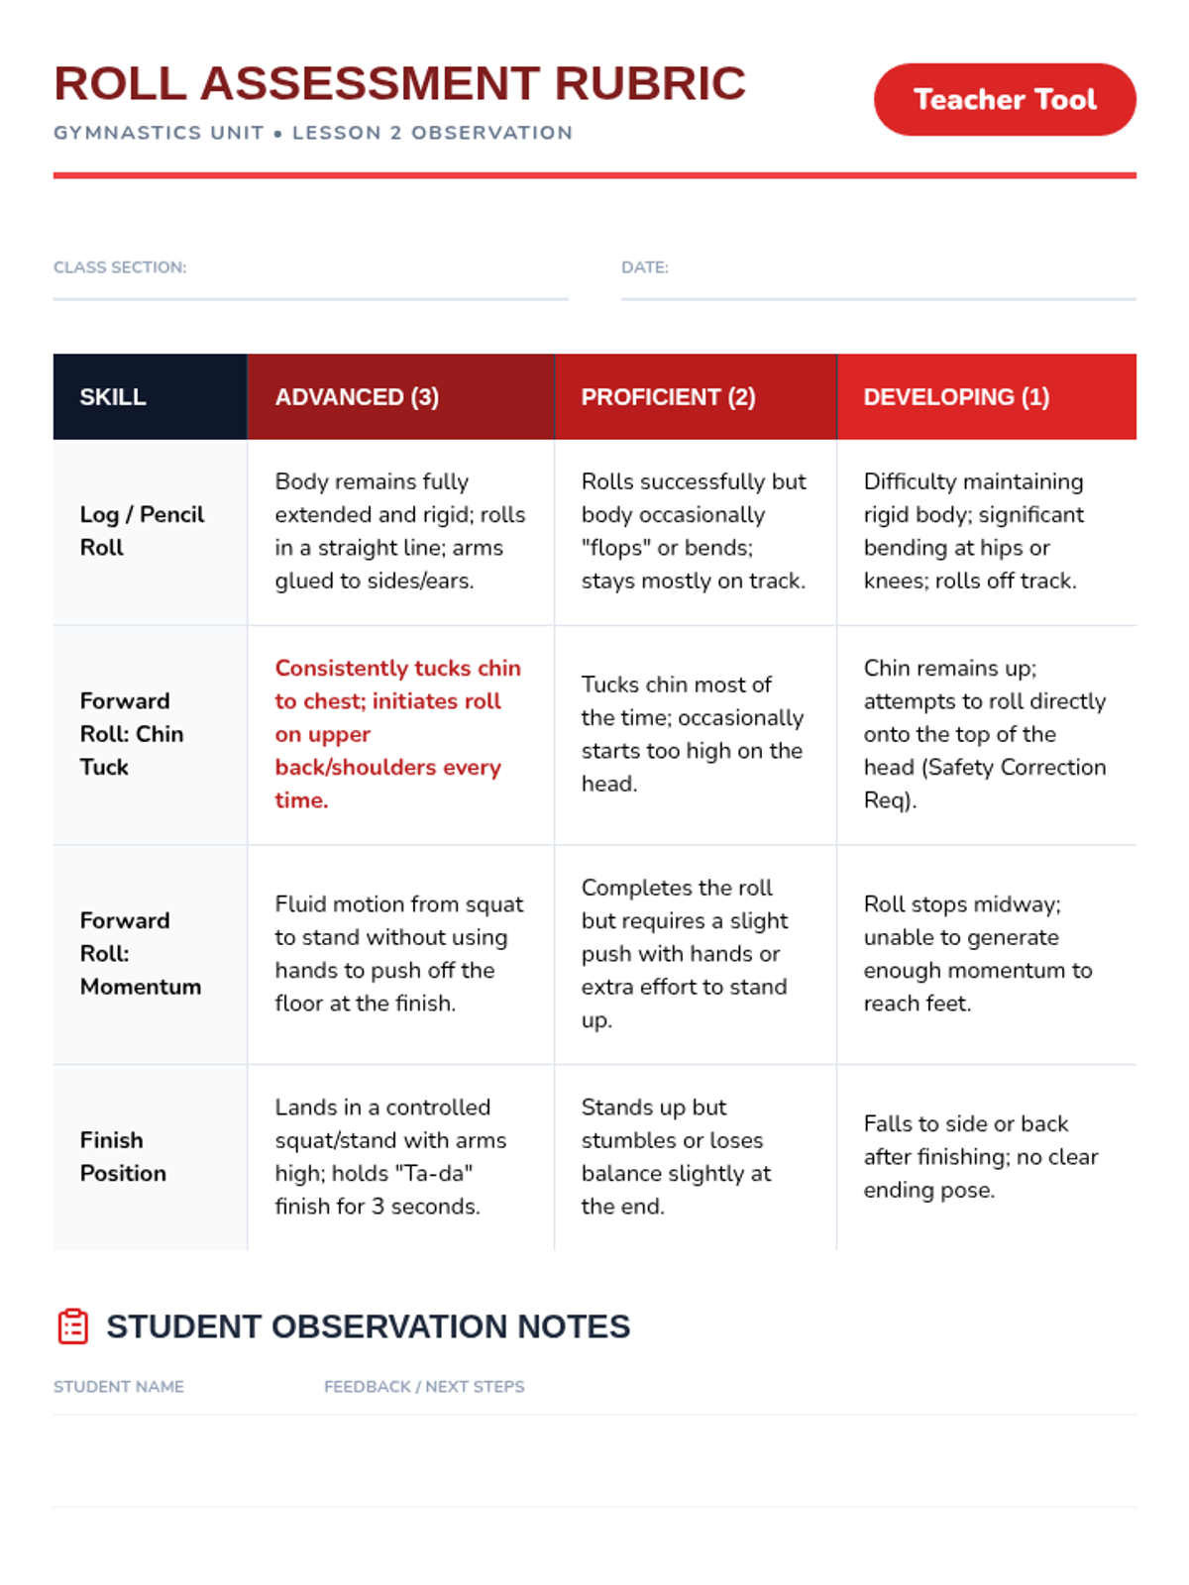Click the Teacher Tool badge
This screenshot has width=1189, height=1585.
tap(1004, 100)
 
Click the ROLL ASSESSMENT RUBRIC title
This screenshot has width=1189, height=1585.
tap(399, 83)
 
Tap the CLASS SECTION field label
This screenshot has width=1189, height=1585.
tap(120, 267)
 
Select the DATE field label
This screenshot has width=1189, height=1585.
tap(645, 267)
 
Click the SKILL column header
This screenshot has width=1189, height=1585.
tap(113, 397)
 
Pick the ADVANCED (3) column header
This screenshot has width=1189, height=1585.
tap(357, 397)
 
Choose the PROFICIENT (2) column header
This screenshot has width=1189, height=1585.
tap(668, 397)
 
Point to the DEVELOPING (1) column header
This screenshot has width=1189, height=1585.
tap(956, 397)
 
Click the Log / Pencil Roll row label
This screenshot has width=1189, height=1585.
tap(142, 531)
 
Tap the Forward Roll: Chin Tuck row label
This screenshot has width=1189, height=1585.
tap(132, 734)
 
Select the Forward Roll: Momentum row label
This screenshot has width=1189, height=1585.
tap(140, 954)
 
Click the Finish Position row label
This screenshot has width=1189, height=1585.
tap(123, 1157)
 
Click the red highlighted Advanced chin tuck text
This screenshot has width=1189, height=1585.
tap(396, 734)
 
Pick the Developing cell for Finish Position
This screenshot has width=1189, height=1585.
tap(980, 1157)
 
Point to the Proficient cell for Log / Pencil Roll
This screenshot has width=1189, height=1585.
tap(694, 531)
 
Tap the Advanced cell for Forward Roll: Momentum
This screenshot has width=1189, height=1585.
tap(398, 954)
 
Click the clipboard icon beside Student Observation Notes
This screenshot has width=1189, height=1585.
tap(73, 1326)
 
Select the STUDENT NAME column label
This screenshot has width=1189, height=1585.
tap(119, 1387)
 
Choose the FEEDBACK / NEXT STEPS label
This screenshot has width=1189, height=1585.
tap(424, 1387)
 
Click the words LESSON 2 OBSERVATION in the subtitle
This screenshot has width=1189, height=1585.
tap(432, 133)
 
